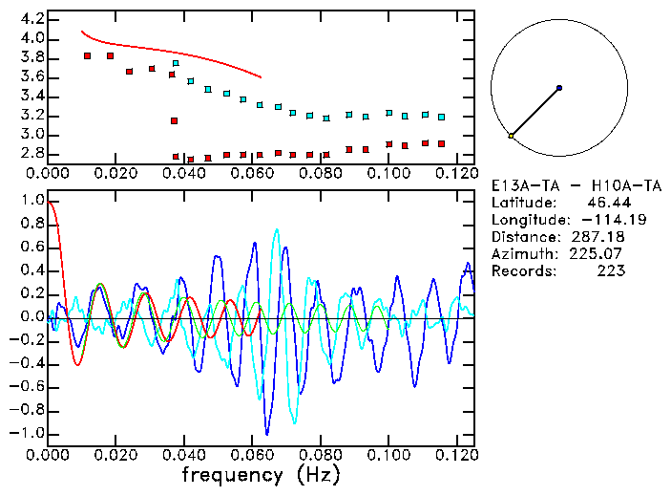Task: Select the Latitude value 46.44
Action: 607,203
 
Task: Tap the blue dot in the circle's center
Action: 558,88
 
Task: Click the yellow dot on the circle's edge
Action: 511,137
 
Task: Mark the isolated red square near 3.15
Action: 174,120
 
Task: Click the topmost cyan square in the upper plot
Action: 176,63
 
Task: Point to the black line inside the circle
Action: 535,112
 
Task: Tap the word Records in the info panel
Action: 523,271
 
